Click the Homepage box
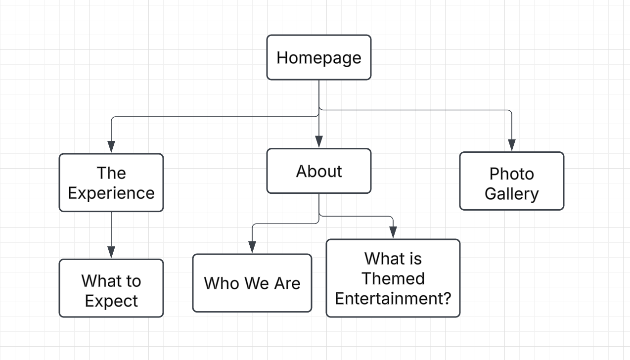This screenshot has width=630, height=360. (x=319, y=57)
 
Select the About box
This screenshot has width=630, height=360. (x=319, y=171)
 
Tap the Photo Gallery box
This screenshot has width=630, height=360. (x=512, y=181)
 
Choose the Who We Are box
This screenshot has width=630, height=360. (x=252, y=283)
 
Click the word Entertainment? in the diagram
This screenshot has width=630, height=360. (x=393, y=298)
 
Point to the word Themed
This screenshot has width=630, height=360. (x=393, y=278)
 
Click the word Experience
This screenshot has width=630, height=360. (x=111, y=193)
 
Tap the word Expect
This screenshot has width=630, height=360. (x=111, y=301)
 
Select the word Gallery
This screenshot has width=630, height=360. (x=512, y=194)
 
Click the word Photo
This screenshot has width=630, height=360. (x=512, y=174)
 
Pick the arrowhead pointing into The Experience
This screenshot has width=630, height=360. (x=111, y=146)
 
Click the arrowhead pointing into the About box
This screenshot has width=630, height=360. (x=319, y=141)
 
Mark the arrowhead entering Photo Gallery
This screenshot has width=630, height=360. (x=512, y=145)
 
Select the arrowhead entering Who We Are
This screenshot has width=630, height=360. (x=252, y=247)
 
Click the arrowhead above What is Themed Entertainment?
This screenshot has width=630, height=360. (x=393, y=232)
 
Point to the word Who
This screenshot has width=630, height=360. (x=222, y=283)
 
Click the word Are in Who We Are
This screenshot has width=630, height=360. (x=287, y=283)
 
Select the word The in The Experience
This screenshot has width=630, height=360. (x=111, y=173)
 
